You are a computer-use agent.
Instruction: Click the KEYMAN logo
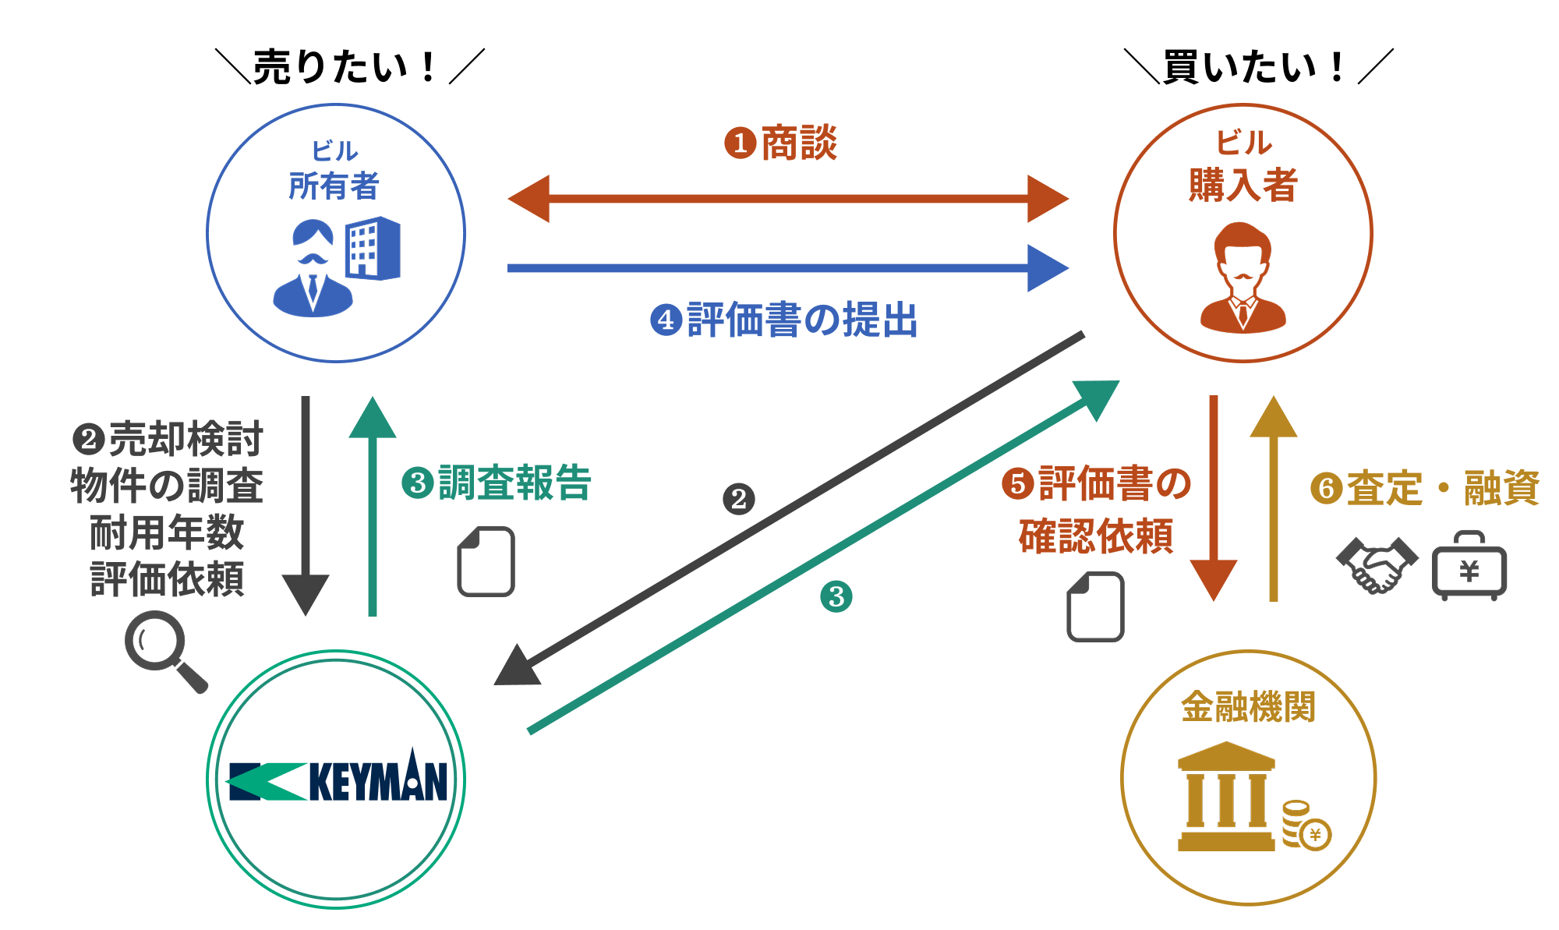click(337, 780)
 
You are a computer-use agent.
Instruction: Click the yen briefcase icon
click(1469, 568)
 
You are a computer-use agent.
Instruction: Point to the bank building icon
click(1226, 797)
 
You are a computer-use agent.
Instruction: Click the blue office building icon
click(373, 248)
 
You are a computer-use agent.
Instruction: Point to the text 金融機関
click(1248, 707)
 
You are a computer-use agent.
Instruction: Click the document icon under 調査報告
click(486, 561)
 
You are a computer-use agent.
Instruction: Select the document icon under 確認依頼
click(1095, 606)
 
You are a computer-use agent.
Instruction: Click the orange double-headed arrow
click(787, 199)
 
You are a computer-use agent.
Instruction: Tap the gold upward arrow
click(1274, 499)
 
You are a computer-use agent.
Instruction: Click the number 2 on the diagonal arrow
click(738, 499)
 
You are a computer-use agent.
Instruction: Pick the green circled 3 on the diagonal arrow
click(836, 597)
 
